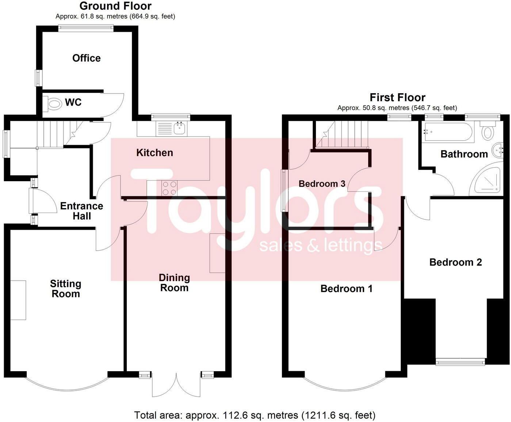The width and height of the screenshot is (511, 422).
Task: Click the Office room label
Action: [86, 58]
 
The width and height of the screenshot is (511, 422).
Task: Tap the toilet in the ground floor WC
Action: [53, 103]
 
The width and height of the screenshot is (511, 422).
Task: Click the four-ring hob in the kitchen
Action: [169, 188]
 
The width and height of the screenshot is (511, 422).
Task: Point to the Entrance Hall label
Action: [81, 211]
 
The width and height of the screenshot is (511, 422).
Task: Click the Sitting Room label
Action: [65, 289]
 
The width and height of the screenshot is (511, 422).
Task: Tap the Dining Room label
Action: [174, 282]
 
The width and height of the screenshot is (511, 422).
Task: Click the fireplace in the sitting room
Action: [18, 300]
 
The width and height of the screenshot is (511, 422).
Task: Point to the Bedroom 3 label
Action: [322, 183]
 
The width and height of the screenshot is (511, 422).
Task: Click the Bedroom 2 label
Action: [455, 262]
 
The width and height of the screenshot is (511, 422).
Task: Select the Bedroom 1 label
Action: [346, 289]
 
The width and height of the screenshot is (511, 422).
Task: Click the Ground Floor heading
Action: [115, 6]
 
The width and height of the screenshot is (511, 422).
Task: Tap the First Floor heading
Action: [397, 98]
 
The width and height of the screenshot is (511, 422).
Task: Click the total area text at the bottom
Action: [255, 415]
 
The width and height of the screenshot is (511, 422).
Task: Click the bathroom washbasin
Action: [498, 150]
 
